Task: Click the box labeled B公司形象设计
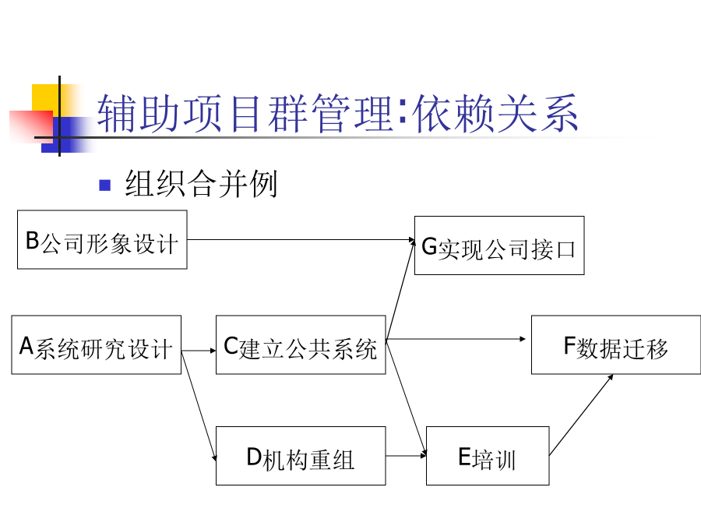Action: click(102, 240)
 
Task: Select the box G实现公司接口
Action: click(499, 245)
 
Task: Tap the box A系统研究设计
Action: click(96, 345)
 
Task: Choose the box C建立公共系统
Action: click(301, 345)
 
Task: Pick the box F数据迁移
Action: click(616, 345)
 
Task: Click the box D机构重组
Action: click(301, 456)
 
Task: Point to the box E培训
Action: click(488, 456)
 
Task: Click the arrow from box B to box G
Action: click(301, 240)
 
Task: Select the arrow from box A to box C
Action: click(199, 351)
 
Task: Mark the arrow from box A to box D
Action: click(199, 406)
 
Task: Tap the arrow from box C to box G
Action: click(400, 289)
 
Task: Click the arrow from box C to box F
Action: click(456, 339)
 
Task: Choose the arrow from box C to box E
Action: click(406, 397)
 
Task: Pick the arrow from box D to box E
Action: click(406, 456)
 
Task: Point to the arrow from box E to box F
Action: click(581, 415)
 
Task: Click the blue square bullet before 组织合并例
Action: click(105, 185)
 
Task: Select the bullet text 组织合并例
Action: click(201, 183)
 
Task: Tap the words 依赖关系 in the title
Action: click(495, 113)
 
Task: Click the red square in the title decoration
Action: click(31, 126)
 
